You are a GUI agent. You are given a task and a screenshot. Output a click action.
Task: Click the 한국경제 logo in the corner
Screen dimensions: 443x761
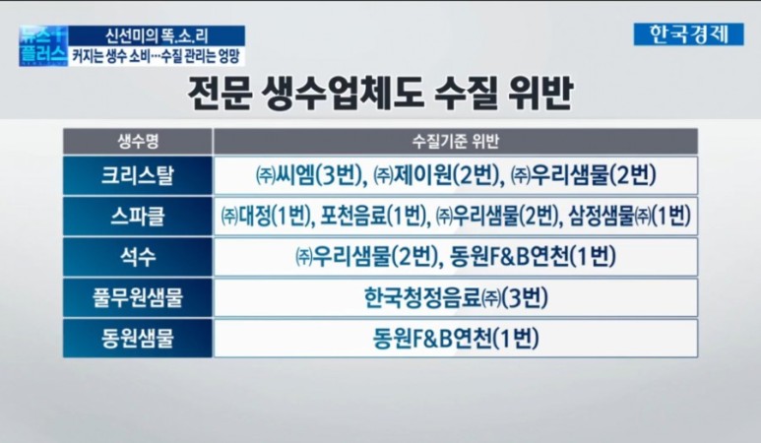688,33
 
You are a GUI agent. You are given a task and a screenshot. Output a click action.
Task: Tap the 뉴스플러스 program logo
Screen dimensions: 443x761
42,43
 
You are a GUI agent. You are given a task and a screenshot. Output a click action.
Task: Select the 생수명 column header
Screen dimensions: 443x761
138,141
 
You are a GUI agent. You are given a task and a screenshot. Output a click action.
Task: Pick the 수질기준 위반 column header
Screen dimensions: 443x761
455,141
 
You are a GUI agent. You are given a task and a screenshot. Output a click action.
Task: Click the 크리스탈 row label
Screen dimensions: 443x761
138,175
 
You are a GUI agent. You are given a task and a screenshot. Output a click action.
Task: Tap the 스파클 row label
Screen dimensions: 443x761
138,216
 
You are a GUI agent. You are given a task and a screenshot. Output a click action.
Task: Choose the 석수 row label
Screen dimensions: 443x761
138,257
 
